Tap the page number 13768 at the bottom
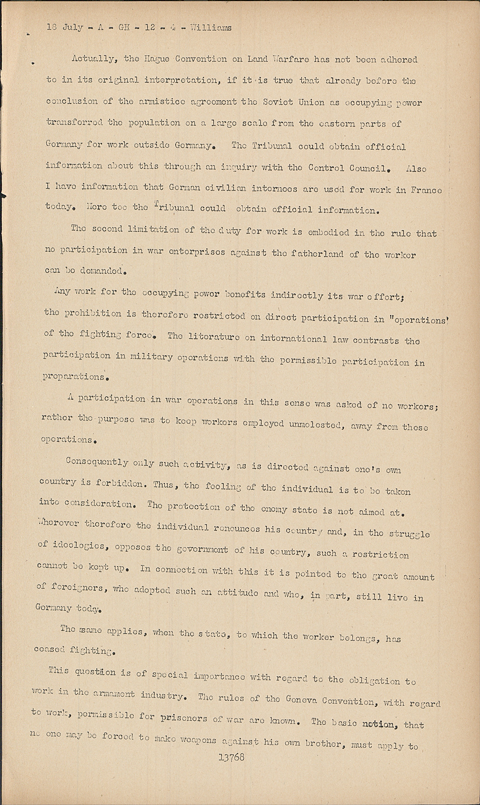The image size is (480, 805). click(231, 757)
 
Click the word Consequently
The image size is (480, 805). click(97, 462)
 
